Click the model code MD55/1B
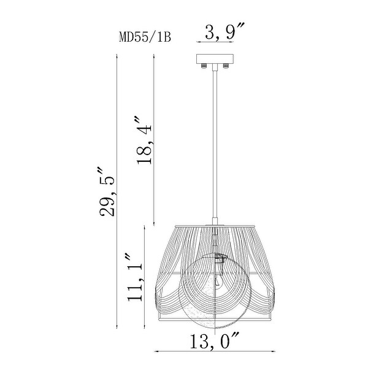click(x=145, y=37)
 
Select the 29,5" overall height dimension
click(x=107, y=191)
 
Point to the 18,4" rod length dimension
click(x=144, y=140)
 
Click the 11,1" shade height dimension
click(x=135, y=277)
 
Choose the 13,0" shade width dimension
click(x=214, y=340)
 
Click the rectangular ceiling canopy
click(x=215, y=59)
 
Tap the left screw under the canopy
click(x=203, y=66)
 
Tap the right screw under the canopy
click(x=226, y=66)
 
